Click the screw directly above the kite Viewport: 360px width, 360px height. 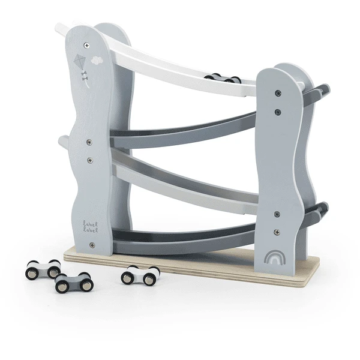pos(87,45)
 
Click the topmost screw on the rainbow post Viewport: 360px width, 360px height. pos(277,93)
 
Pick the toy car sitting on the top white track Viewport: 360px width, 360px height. pos(221,78)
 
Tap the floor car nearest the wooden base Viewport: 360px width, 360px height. pos(140,275)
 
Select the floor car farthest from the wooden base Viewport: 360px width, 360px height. pos(43,269)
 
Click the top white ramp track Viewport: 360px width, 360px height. pos(180,66)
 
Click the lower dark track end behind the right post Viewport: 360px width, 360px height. pos(322,209)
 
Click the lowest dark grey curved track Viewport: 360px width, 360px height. pos(180,243)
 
